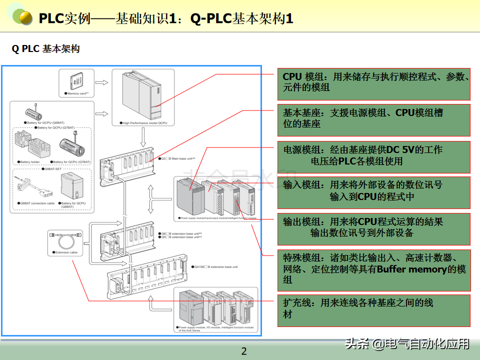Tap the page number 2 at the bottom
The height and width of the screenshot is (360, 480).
coord(244,351)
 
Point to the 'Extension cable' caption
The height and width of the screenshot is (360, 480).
coord(66,252)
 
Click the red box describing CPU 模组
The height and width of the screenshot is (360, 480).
coord(374,83)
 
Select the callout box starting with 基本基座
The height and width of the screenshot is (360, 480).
coord(374,119)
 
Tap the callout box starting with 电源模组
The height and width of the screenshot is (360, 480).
coord(374,156)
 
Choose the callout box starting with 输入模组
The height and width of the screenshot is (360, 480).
coord(374,191)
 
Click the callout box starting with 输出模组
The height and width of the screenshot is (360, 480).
coord(374,228)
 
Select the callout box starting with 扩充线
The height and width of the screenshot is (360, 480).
coord(374,310)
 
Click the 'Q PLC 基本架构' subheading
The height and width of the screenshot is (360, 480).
coord(46,49)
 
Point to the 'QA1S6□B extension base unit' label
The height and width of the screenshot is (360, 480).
coord(215,267)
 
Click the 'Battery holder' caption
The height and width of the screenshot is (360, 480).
coord(29,162)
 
